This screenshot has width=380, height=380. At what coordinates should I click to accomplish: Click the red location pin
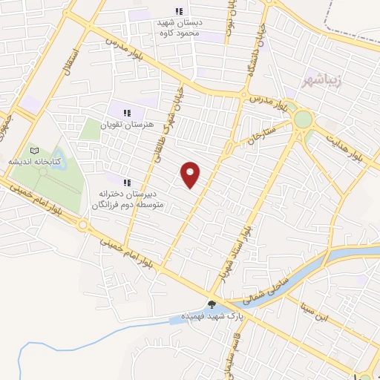[x=191, y=174]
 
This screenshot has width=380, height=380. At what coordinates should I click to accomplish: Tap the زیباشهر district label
[x=322, y=79]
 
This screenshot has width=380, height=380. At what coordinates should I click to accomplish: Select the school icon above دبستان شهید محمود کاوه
[x=178, y=11]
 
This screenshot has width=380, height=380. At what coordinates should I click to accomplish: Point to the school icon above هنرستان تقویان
[x=128, y=113]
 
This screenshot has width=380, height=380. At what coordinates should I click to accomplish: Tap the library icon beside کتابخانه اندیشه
[x=33, y=151]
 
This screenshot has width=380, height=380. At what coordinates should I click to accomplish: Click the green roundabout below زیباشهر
[x=303, y=119]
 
